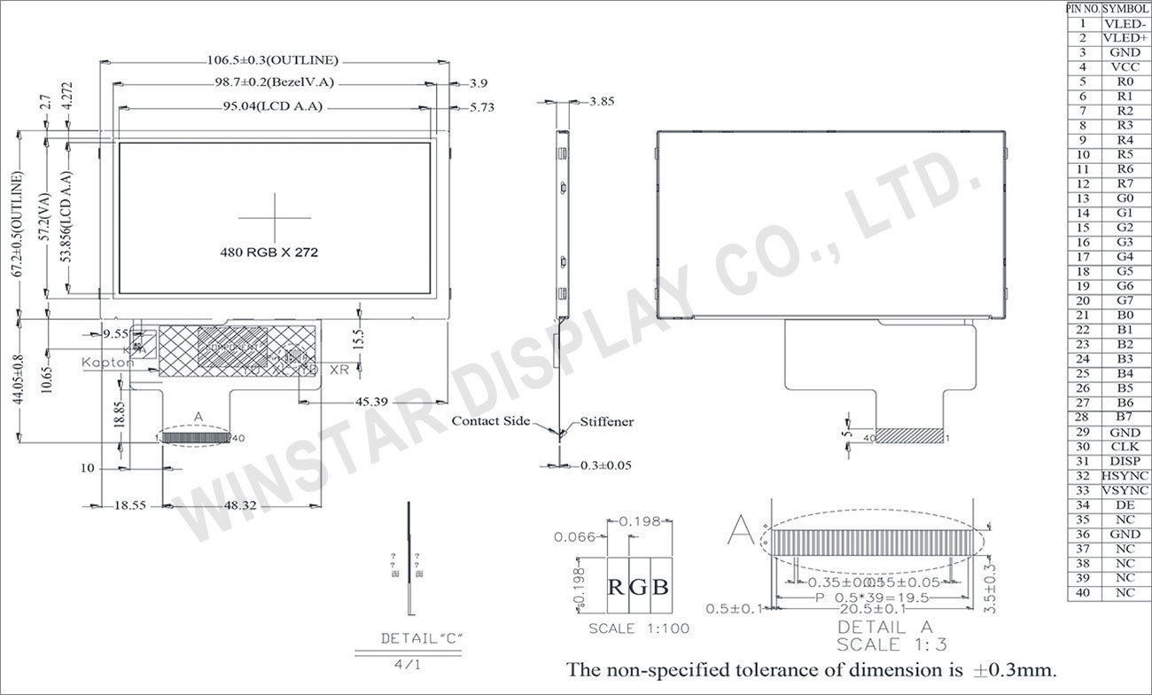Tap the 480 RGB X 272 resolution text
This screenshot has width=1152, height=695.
coord(269,252)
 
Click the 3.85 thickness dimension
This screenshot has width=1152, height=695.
coord(602,101)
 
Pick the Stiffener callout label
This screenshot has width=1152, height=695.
coord(607,422)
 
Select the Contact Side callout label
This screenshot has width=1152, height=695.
coord(491,421)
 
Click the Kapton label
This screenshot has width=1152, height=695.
coord(108,363)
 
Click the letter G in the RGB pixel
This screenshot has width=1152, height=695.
coord(639,586)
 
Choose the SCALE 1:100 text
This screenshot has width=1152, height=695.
coord(639,629)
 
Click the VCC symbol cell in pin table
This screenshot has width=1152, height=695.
coord(1125,66)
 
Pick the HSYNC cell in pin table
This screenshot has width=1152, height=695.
coord(1125,476)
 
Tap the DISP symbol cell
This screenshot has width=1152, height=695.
coord(1125,461)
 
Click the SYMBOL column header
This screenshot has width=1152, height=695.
coord(1125,8)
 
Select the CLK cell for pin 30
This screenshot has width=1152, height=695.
coord(1125,447)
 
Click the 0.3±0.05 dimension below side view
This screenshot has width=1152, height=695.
coord(606,465)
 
